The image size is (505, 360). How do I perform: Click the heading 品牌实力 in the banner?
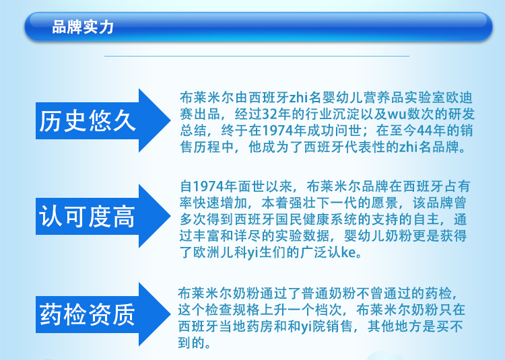coord(83,27)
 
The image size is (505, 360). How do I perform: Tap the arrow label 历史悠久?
coord(88,121)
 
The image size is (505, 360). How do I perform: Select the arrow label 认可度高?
coord(87,217)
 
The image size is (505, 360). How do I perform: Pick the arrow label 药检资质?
coord(87,315)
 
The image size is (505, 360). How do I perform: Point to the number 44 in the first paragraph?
coord(424,131)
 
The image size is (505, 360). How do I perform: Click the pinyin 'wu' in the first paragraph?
coord(397,114)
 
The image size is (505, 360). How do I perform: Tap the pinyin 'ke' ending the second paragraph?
coord(349,252)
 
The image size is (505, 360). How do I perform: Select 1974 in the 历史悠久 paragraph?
coord(277,131)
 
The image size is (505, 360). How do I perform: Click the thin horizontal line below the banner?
coord(257,56)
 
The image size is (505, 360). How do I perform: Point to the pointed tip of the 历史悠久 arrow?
coord(170,120)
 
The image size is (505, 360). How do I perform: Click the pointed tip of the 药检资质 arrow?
coord(170,314)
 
